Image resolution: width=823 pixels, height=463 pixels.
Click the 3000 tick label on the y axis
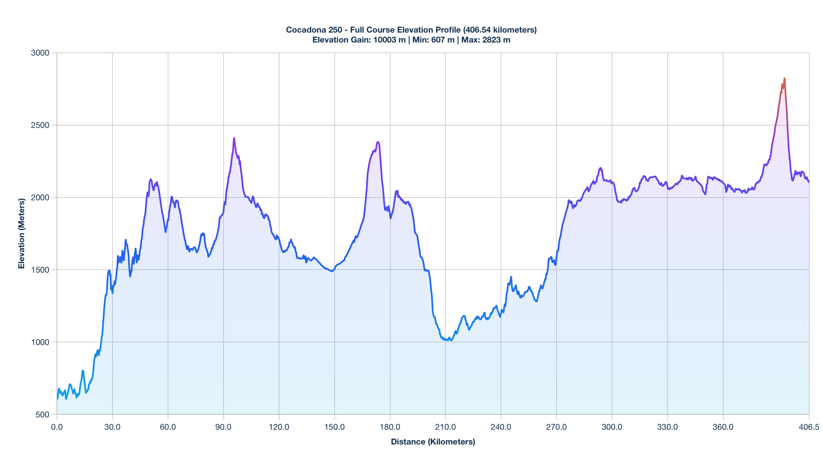click(40, 53)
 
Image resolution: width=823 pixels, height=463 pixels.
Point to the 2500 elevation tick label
click(40, 125)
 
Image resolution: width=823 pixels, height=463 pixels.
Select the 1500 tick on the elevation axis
click(40, 270)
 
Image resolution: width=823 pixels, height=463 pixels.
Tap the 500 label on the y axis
click(42, 415)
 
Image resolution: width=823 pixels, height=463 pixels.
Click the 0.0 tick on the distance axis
click(57, 427)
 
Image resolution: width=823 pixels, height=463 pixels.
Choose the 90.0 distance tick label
click(224, 427)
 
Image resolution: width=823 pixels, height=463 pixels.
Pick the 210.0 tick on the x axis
click(445, 427)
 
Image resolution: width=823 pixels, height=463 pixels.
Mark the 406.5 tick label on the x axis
click(809, 427)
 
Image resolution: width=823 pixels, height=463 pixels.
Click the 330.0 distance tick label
click(668, 427)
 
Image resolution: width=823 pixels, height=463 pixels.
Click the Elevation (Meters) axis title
click(22, 234)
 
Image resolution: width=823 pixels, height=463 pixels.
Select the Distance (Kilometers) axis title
click(433, 442)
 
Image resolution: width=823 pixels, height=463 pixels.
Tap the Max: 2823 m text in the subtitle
click(486, 40)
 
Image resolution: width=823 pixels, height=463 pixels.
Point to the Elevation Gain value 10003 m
click(389, 40)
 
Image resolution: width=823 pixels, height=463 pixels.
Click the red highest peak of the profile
click(784, 79)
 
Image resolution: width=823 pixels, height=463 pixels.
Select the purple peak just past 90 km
click(234, 138)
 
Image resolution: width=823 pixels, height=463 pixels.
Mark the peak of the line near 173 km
click(378, 142)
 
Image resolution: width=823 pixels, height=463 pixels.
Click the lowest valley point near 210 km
click(451, 340)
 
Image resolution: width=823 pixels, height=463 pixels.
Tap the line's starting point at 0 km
click(57, 399)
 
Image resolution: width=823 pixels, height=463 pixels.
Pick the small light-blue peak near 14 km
click(83, 371)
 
